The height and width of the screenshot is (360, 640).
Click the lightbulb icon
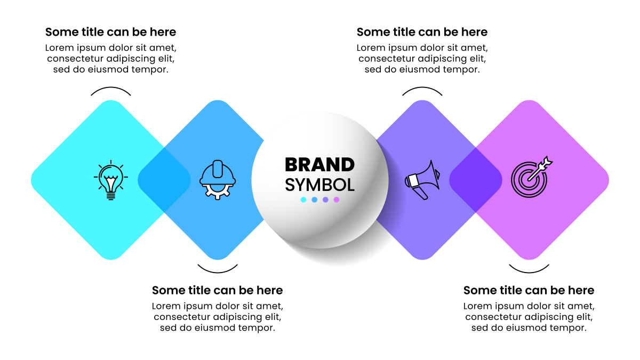pos(111,180)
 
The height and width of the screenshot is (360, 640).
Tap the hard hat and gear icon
pos(218,180)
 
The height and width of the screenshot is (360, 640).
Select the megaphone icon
pos(422,180)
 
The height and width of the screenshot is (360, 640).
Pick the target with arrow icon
pos(531,177)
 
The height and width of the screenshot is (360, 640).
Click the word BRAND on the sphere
pos(319,165)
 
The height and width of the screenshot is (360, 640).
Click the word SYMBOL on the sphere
pos(319,185)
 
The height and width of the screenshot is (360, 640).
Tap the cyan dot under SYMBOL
pos(303,199)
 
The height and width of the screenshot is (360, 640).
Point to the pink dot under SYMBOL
pos(337,199)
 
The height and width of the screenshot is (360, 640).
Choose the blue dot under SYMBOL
pos(315,199)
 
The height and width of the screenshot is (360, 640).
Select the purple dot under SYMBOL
pos(325,199)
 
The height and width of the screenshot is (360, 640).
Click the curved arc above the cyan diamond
pos(111,87)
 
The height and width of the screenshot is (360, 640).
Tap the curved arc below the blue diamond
pos(218,273)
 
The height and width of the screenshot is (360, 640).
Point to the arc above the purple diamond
pos(422,87)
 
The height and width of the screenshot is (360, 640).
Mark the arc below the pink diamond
pos(529,273)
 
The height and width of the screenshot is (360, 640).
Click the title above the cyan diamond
pos(110,32)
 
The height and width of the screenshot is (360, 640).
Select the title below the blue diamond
pos(218,290)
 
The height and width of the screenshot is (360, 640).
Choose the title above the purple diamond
pos(422,32)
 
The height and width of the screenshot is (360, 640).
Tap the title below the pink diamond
pos(529,290)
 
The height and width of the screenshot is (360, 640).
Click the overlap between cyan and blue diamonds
pos(164,180)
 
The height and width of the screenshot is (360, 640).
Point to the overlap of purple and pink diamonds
pos(476,180)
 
